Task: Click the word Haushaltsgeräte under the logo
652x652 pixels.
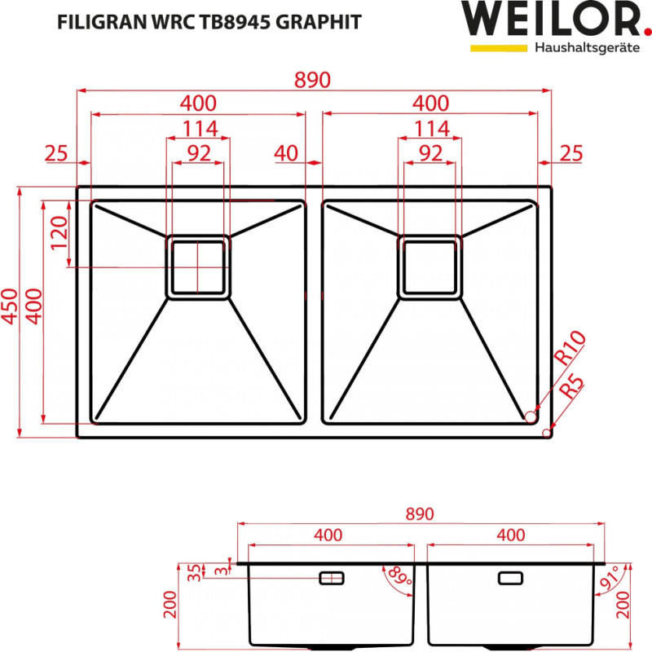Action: [x=585, y=48]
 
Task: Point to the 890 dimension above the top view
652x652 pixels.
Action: [x=313, y=80]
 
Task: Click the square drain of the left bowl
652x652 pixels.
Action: [x=197, y=267]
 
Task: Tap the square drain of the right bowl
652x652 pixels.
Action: [x=429, y=267]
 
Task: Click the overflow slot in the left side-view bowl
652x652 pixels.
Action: [x=331, y=578]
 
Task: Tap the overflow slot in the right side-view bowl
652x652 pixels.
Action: [x=510, y=578]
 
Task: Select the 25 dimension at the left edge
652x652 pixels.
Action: [x=55, y=152]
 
